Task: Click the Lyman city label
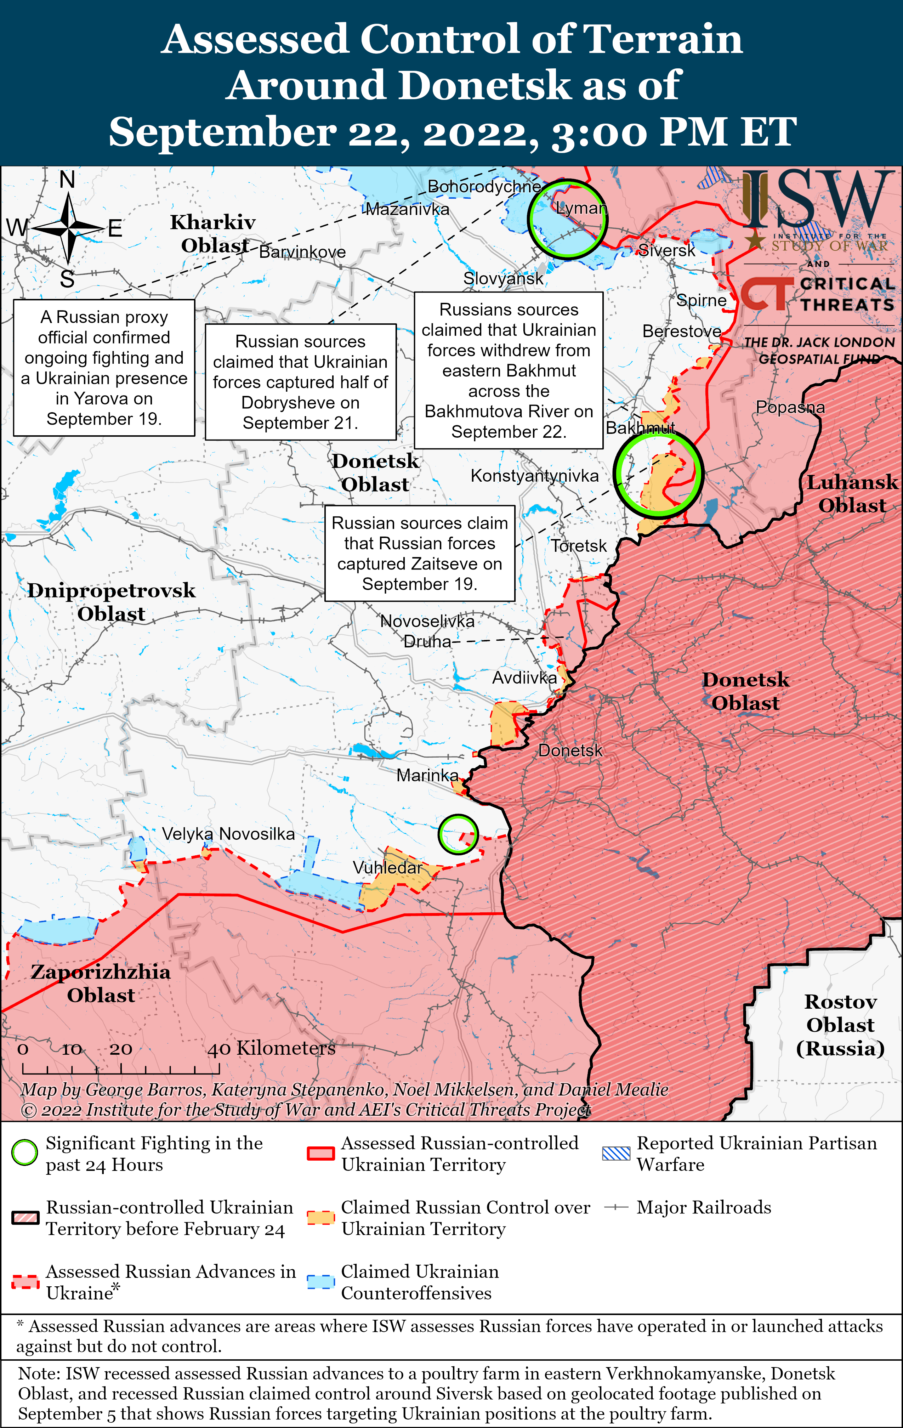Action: point(582,208)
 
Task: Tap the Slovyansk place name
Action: point(503,278)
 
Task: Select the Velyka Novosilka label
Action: point(228,834)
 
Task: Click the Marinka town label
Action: point(427,775)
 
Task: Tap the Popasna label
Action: point(790,407)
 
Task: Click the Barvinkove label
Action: point(302,252)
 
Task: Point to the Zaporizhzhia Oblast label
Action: point(101,983)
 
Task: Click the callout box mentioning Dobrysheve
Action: point(301,382)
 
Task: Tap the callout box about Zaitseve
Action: point(419,553)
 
